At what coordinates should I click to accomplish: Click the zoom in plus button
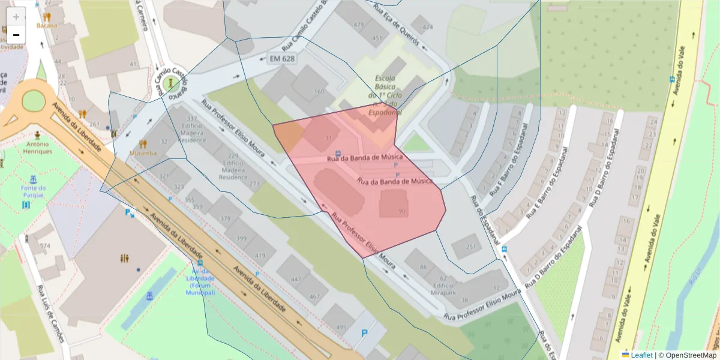pos(16,16)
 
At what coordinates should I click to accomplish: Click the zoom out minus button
pos(16,35)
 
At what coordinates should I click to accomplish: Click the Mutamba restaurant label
pos(142,153)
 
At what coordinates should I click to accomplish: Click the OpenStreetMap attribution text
pos(687,355)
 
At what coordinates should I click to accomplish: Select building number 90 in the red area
pos(401,211)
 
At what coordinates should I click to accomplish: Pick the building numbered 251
pos(471,247)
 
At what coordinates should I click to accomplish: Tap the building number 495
pos(341,327)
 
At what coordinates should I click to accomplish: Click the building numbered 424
pos(427,28)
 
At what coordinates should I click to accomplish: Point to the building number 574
pos(45,246)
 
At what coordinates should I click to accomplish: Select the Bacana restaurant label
pos(46,25)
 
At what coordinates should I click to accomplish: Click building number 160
pos(319,92)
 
